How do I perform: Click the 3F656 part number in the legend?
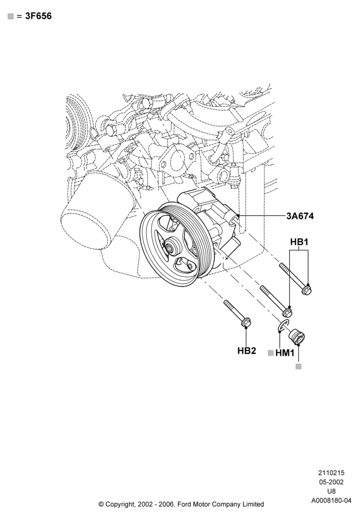[39, 16]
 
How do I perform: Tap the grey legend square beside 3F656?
[10, 16]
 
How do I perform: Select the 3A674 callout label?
[300, 216]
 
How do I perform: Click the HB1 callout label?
[299, 243]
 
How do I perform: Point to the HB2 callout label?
[247, 351]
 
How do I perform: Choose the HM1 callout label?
[285, 353]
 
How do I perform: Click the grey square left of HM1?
[271, 353]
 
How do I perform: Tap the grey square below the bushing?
[299, 367]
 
